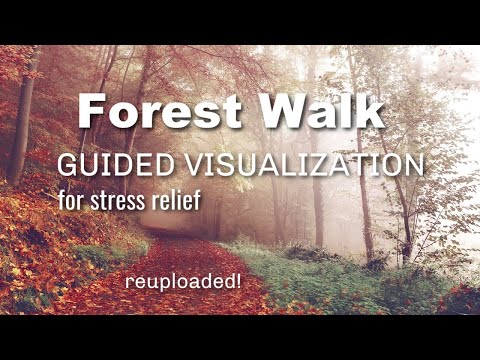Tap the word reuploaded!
[183, 283]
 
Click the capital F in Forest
[92, 112]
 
